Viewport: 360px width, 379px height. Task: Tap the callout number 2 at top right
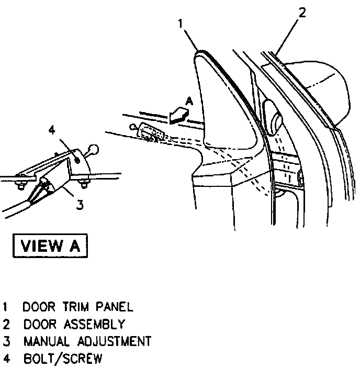coord(302,13)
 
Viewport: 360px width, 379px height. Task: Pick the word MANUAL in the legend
coord(46,341)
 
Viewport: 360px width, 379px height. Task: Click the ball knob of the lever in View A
coord(95,149)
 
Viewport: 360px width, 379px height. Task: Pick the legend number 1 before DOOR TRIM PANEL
coord(6,307)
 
